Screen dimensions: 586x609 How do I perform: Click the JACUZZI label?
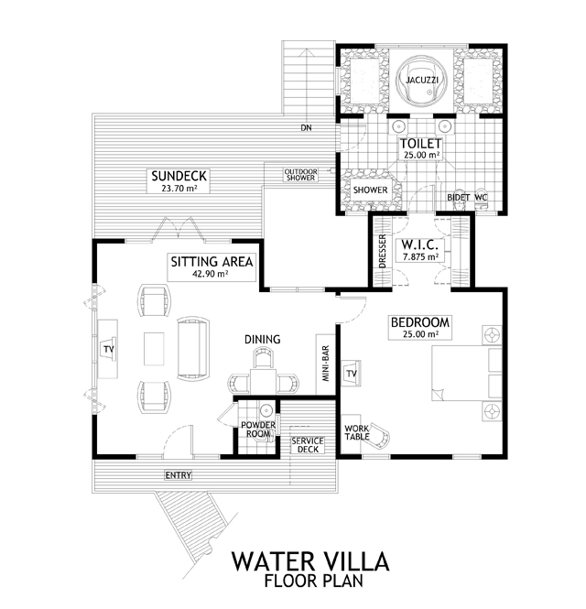pos(422,80)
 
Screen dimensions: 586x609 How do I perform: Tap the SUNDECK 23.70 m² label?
pos(179,180)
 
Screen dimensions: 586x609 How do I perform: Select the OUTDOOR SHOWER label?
pos(300,175)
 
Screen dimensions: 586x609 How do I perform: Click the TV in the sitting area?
pos(109,349)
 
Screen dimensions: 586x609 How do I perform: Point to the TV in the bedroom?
pos(351,374)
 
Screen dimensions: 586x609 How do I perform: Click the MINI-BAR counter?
pos(325,364)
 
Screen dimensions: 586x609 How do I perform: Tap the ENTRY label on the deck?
pos(179,475)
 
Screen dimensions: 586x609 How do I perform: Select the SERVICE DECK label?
pos(308,445)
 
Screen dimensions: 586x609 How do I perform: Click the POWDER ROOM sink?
pos(266,409)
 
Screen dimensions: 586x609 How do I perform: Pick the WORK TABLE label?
pos(357,432)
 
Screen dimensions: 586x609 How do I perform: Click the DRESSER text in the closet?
pos(383,251)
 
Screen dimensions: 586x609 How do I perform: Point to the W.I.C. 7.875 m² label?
pos(420,250)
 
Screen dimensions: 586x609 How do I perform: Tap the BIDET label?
pos(459,197)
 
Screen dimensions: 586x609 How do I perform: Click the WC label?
pos(481,197)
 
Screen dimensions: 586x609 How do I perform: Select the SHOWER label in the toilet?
pos(371,190)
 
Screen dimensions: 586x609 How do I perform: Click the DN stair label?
pos(306,127)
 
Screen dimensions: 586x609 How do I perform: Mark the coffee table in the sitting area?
pos(154,348)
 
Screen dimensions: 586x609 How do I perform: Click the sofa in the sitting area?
pos(193,348)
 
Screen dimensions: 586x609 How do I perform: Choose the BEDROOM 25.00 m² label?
pos(420,328)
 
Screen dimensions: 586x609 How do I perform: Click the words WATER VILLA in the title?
pos(310,560)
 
